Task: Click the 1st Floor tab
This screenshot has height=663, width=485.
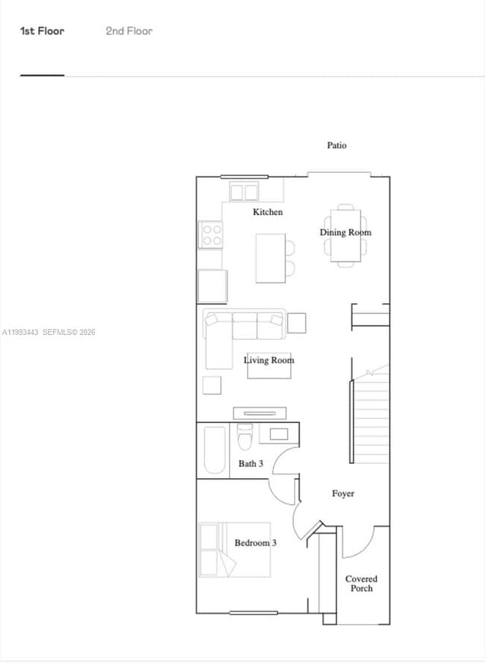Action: (42, 31)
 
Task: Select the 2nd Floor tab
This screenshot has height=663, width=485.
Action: (128, 31)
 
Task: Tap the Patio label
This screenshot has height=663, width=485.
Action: (337, 145)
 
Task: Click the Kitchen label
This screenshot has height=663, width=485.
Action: (267, 213)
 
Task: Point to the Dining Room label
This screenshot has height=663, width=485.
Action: (345, 233)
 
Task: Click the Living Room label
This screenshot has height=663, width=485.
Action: (269, 360)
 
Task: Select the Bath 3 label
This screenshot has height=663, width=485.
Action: (251, 464)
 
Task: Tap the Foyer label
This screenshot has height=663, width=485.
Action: (342, 494)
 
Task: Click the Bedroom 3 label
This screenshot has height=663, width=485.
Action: (255, 543)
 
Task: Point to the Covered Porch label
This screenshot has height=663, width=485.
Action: (361, 584)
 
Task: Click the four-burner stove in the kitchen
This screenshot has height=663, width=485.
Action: (210, 235)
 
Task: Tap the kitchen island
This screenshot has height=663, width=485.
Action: (270, 258)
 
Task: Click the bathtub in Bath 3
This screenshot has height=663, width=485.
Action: (215, 450)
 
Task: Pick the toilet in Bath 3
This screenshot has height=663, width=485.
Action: (245, 438)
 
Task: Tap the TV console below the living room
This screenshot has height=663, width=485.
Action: (260, 412)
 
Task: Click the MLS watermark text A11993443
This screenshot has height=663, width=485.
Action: (20, 333)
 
